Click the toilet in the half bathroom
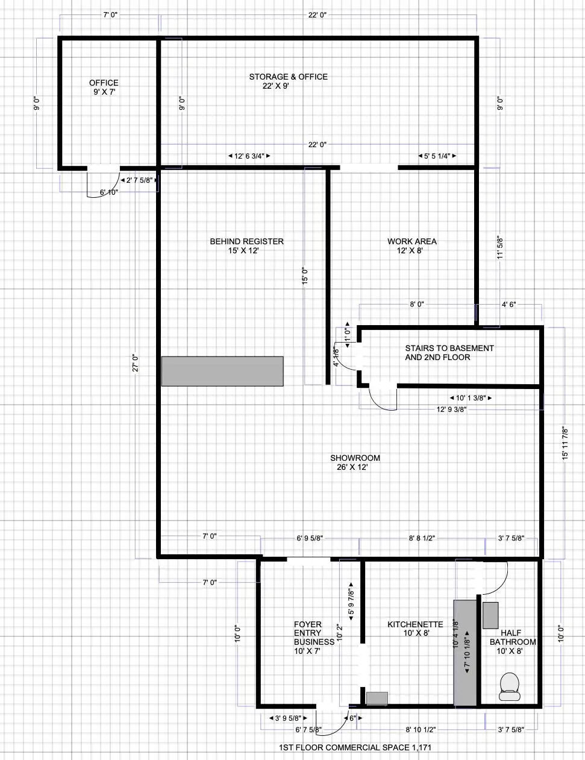(510, 687)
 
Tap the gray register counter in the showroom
(222, 371)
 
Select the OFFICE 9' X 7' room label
(104, 87)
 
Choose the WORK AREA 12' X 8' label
(411, 246)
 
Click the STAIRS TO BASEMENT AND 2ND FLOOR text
(449, 352)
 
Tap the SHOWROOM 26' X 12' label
(355, 463)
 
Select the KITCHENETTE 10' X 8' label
(415, 629)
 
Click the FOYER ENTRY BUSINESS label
(314, 638)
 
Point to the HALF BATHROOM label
(512, 638)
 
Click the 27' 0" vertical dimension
(136, 363)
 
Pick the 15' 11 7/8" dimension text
(565, 443)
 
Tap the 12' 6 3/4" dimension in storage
(249, 156)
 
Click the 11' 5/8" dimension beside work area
(500, 247)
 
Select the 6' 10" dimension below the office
(109, 192)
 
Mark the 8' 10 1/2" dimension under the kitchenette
(421, 730)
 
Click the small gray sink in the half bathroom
(490, 615)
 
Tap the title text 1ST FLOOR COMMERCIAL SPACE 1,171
(355, 747)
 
